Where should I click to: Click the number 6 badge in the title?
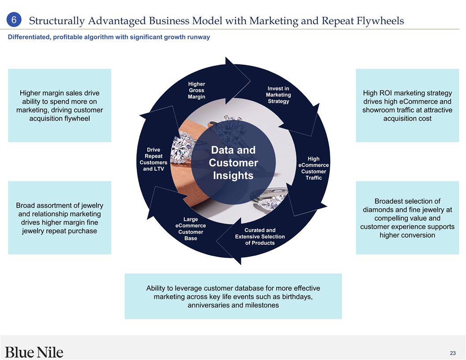pos(14,20)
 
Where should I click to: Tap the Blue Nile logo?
pos(34,352)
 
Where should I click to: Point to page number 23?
pos(453,353)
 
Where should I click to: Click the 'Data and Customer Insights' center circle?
pos(233,163)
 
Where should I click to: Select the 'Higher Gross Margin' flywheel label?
pos(196,90)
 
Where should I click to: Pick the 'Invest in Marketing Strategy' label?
pos(278,95)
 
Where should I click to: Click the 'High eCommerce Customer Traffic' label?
pos(313,168)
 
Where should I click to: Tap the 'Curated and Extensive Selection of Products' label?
pos(260,236)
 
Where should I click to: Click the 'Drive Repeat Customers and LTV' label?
pos(153,159)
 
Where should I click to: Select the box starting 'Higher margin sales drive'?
pos(60,105)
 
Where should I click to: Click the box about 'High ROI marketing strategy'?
pos(407,105)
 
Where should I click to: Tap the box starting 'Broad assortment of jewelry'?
pos(60,218)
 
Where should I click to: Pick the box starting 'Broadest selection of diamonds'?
pos(407,218)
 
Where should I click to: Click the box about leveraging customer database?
pos(233,296)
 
